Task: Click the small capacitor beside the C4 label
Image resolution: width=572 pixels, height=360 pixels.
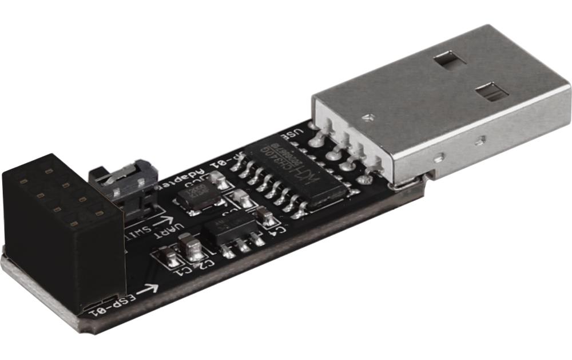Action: tap(265, 216)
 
